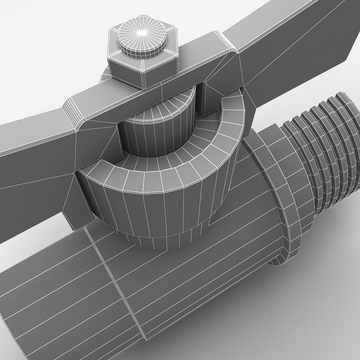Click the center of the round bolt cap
click(x=142, y=32)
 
